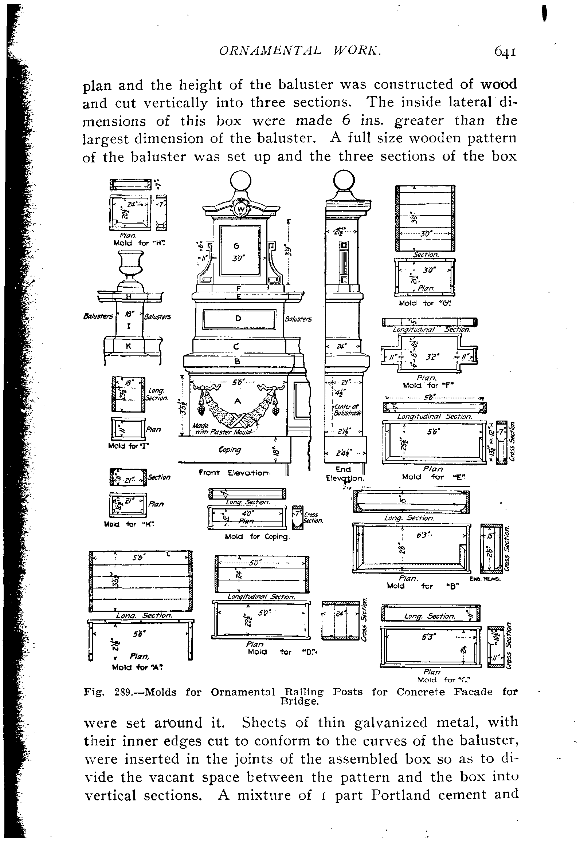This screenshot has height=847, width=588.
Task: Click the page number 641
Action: [505, 52]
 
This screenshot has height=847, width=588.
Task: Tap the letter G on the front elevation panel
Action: [236, 246]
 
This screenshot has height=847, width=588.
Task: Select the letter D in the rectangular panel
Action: [238, 318]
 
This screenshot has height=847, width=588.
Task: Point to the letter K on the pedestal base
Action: [128, 346]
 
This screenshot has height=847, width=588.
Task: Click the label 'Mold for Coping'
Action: [258, 536]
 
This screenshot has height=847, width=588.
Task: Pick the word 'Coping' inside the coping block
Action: [230, 450]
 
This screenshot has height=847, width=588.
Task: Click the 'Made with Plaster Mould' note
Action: [221, 429]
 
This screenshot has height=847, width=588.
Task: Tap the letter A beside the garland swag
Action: [238, 401]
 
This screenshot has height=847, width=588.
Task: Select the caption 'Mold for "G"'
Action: [426, 303]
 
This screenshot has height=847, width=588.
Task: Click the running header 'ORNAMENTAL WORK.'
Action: [300, 51]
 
